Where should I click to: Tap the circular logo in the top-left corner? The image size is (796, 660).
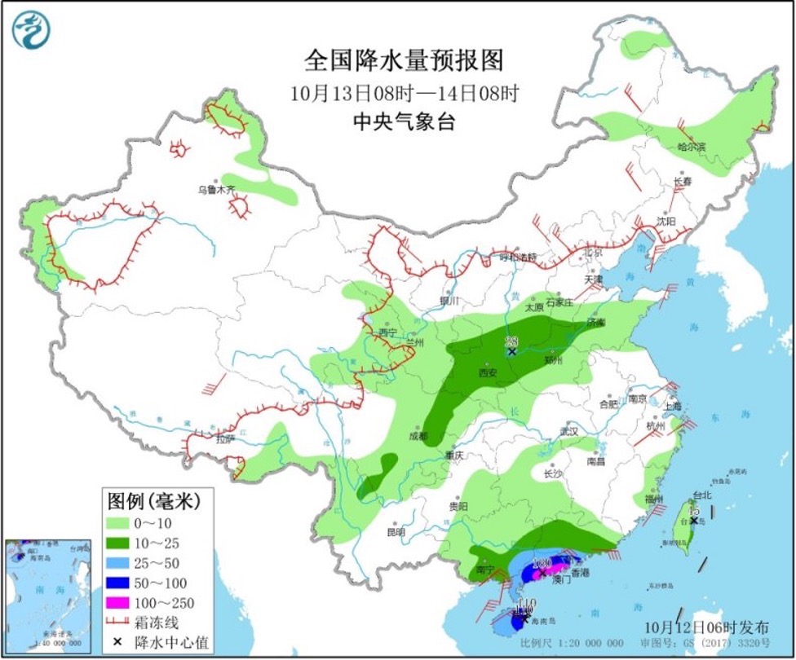pyautogui.click(x=31, y=30)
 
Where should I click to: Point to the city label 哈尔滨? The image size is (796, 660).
pyautogui.click(x=692, y=147)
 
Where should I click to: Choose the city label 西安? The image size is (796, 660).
pyautogui.click(x=488, y=372)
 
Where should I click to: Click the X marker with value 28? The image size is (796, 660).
pyautogui.click(x=511, y=352)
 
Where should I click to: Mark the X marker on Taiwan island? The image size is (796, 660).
pyautogui.click(x=693, y=520)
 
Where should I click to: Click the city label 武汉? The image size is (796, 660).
pyautogui.click(x=568, y=430)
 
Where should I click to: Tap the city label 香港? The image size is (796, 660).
pyautogui.click(x=580, y=573)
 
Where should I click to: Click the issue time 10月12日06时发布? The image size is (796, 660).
pyautogui.click(x=705, y=627)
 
